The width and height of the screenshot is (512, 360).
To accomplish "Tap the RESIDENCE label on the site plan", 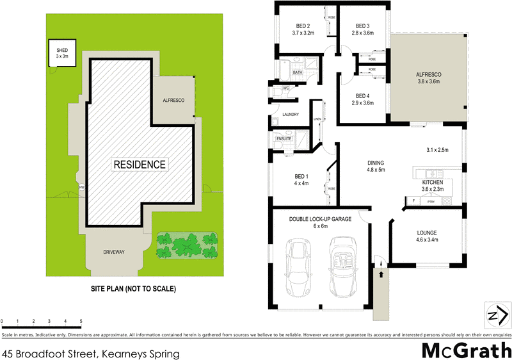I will [140, 165].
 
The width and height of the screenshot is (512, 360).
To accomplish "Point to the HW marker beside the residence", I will [81, 187].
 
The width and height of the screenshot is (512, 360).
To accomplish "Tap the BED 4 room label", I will [363, 99].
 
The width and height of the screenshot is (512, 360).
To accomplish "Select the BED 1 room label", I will [301, 179].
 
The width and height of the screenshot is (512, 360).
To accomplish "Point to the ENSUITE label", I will [284, 138].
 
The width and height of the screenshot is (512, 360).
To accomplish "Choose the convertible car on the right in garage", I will [344, 267].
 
